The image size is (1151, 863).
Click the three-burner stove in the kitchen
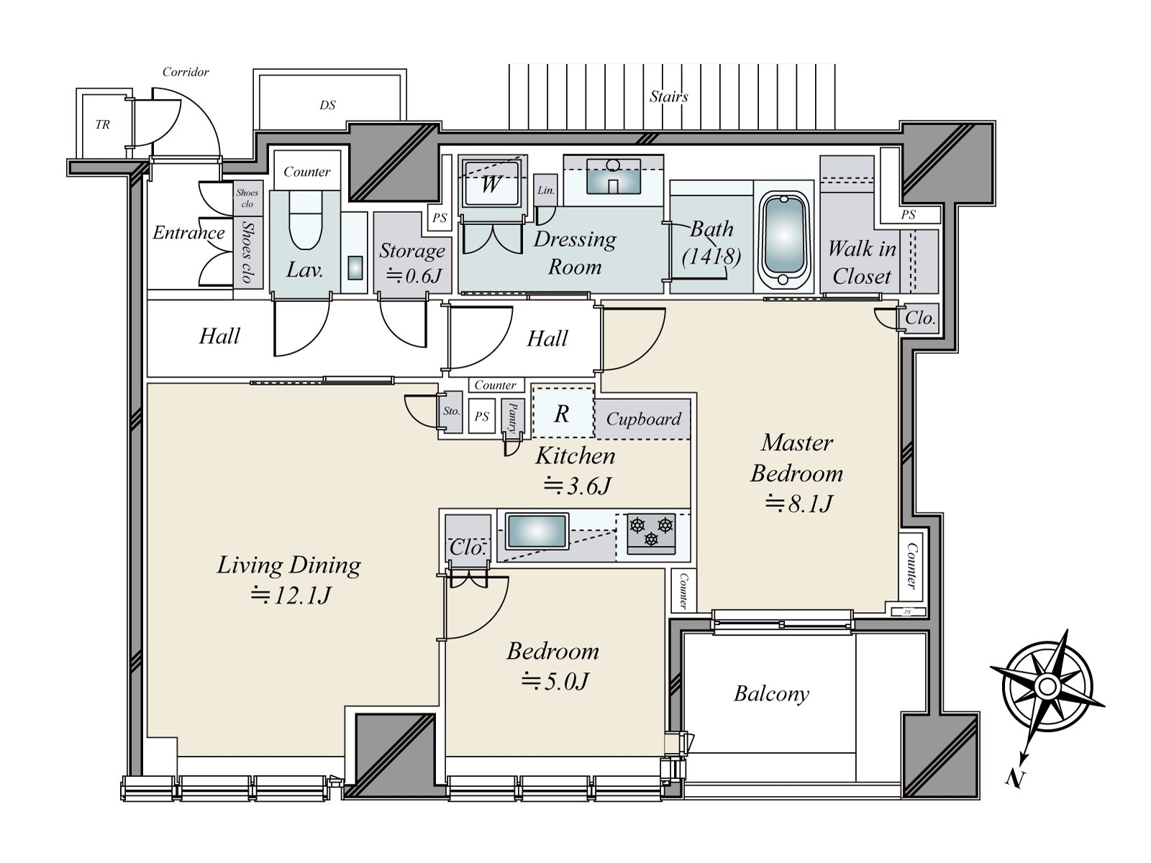pos(651,533)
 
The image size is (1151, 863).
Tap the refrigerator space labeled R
pos(563,414)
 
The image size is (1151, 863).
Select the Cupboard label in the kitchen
pos(643,419)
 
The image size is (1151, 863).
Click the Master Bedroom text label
pos(796,457)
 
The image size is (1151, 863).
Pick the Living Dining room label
pos(288,565)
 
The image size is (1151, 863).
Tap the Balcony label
pos(771,693)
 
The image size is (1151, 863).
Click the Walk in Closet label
pos(861,262)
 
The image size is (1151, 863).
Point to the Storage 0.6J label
pos(412,262)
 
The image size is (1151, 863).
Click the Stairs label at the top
pos(668,96)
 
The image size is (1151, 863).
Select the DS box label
pos(327,105)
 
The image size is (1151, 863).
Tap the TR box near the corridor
pos(103,124)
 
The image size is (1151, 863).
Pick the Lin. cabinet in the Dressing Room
pos(546,190)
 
